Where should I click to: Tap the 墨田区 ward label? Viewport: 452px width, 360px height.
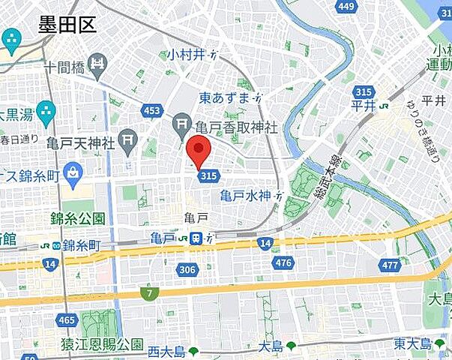coord(67,25)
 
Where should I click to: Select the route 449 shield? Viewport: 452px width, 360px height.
coord(346,7)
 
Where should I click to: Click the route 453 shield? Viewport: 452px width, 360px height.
coord(152,111)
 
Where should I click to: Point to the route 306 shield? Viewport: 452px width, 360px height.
coord(187,268)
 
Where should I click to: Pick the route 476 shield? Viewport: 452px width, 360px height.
coord(283,262)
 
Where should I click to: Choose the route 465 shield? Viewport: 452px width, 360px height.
coord(67,320)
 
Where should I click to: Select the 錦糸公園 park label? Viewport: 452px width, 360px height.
coord(78,218)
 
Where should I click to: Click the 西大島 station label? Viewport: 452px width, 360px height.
coord(165,350)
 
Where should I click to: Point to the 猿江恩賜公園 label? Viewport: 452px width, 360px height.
coord(102,345)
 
